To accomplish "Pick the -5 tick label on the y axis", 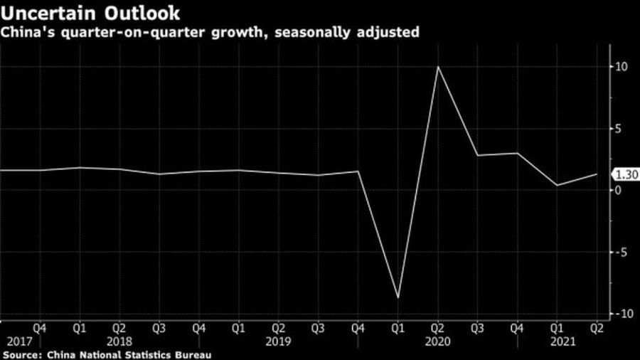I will click(620, 252).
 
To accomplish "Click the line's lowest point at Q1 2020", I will click(398, 297).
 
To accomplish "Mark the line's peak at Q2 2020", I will click(437, 67).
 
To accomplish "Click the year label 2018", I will click(120, 341).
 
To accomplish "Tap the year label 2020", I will click(437, 341).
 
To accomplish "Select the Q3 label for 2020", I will click(477, 328).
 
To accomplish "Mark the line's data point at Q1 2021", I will click(556, 185).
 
